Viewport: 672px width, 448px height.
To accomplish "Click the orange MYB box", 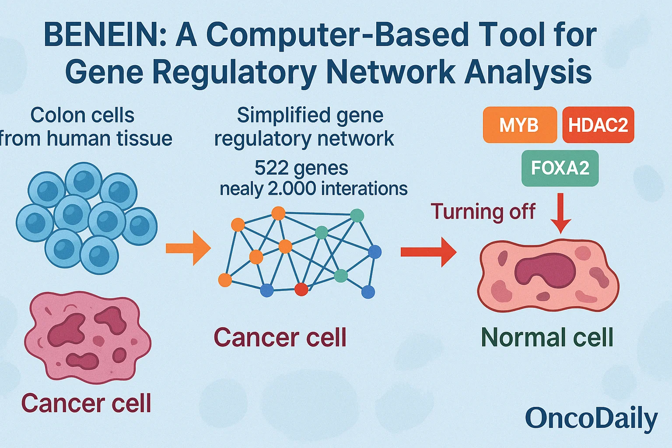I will [519, 125].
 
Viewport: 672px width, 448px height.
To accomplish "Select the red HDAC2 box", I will [598, 125].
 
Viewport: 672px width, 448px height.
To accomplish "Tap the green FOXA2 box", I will [560, 168].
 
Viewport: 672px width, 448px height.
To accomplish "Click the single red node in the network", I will [301, 289].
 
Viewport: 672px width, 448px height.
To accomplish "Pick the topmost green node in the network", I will [357, 215].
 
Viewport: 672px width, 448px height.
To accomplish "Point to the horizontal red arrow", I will [428, 252].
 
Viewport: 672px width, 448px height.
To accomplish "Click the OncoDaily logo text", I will [591, 418].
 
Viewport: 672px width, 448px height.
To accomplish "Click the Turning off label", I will [483, 212].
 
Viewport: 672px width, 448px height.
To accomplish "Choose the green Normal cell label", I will [547, 338].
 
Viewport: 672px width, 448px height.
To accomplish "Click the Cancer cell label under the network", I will [280, 338].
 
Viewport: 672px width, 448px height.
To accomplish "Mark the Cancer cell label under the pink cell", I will [86, 403].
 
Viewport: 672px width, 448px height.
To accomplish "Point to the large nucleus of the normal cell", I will [545, 270].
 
